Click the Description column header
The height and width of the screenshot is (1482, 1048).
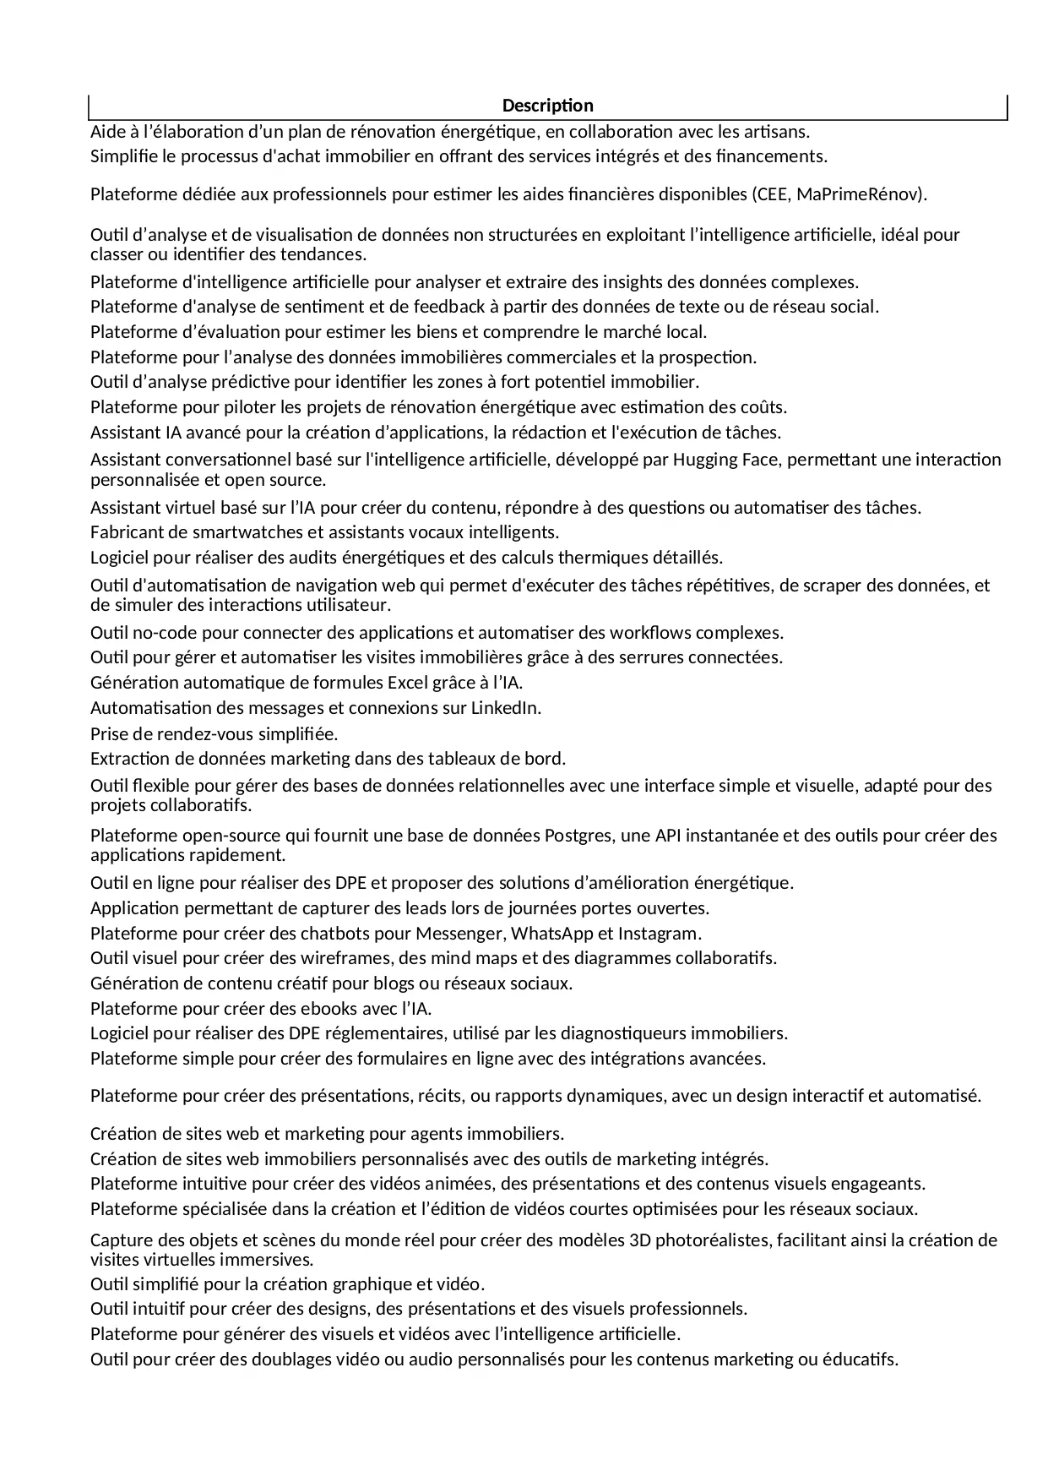click(x=547, y=106)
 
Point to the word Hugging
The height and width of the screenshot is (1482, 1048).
click(x=681, y=460)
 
